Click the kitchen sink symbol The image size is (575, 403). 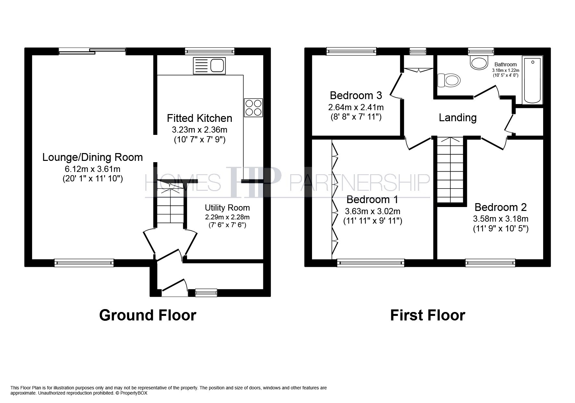(x=209, y=66)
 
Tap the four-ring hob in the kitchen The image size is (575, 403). (x=253, y=108)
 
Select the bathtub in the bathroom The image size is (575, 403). (x=532, y=80)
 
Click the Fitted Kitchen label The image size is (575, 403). (x=199, y=118)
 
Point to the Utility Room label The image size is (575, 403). (x=227, y=208)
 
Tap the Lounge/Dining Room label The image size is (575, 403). (x=93, y=157)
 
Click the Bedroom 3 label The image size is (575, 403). (x=356, y=96)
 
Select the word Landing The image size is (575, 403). (x=457, y=118)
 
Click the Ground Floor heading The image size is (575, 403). (x=148, y=315)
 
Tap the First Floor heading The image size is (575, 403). (x=428, y=315)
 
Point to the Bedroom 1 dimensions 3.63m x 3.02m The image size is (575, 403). (x=373, y=211)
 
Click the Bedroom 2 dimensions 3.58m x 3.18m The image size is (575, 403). (x=501, y=219)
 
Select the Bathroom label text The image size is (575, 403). (x=506, y=64)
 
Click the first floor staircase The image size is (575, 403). (x=450, y=170)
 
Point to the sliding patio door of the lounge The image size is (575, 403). (x=92, y=51)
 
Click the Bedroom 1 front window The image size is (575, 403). (x=371, y=263)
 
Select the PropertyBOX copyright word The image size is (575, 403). (x=134, y=393)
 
